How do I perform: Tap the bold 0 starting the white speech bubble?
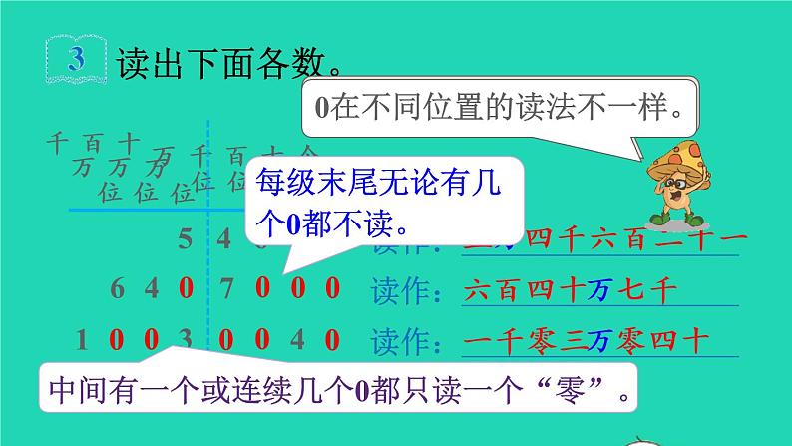tap(322, 108)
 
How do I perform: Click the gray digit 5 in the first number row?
tap(186, 239)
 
